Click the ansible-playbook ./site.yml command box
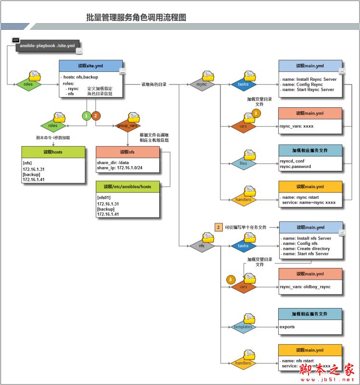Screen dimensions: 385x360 [47, 46]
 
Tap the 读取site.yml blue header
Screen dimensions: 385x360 [90, 66]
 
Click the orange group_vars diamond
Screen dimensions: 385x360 [127, 125]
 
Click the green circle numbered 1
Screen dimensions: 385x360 [86, 115]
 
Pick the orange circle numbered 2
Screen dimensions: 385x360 [96, 115]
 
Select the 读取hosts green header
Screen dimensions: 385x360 [53, 152]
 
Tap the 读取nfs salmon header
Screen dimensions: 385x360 [128, 152]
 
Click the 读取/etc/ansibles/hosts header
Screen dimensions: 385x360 [128, 186]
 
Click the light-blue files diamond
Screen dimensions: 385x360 [244, 164]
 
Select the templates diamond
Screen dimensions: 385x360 [243, 327]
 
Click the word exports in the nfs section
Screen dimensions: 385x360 [287, 327]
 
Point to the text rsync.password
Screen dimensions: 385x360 [295, 167]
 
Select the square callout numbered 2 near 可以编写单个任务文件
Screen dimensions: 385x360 [219, 227]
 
